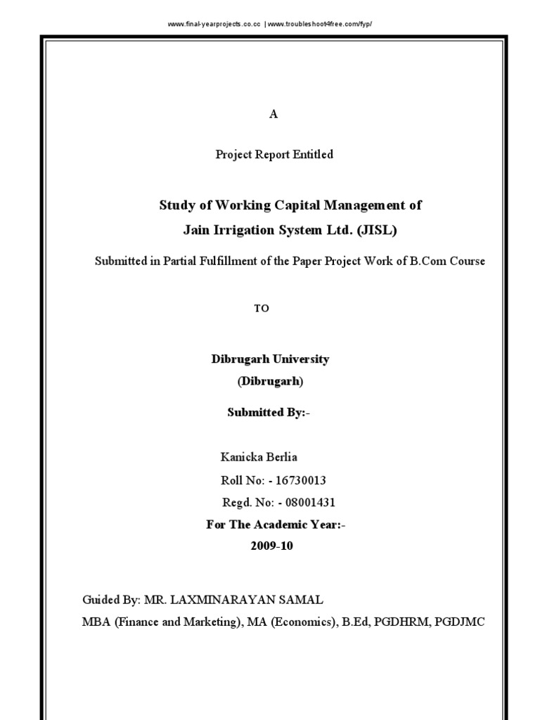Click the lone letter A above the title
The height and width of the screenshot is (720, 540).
tap(274, 115)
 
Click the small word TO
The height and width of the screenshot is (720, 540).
tap(262, 309)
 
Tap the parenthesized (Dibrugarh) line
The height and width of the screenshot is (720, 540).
tap(270, 382)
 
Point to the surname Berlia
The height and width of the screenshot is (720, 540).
tap(280, 457)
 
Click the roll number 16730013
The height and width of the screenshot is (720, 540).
tap(302, 480)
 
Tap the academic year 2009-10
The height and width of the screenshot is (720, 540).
tap(271, 546)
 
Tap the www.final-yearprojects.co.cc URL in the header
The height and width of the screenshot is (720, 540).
tap(214, 24)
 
